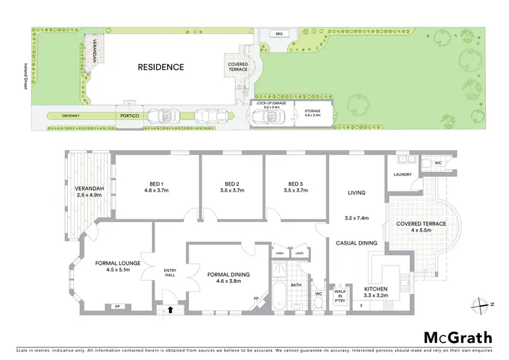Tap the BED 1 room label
point(157,184)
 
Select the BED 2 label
point(232,184)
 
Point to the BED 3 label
point(295,184)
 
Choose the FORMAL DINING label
point(229,274)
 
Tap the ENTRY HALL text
point(170,272)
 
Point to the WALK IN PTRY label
point(339,295)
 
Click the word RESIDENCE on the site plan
point(161,67)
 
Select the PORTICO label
point(130,116)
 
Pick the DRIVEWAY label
point(71,116)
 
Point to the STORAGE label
point(312,112)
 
